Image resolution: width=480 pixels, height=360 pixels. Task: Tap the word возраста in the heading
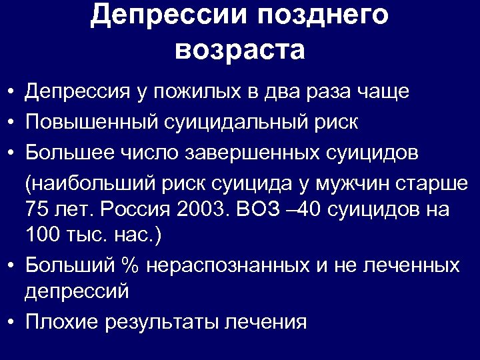[240, 49]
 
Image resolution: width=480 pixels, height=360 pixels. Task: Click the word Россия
[137, 209]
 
